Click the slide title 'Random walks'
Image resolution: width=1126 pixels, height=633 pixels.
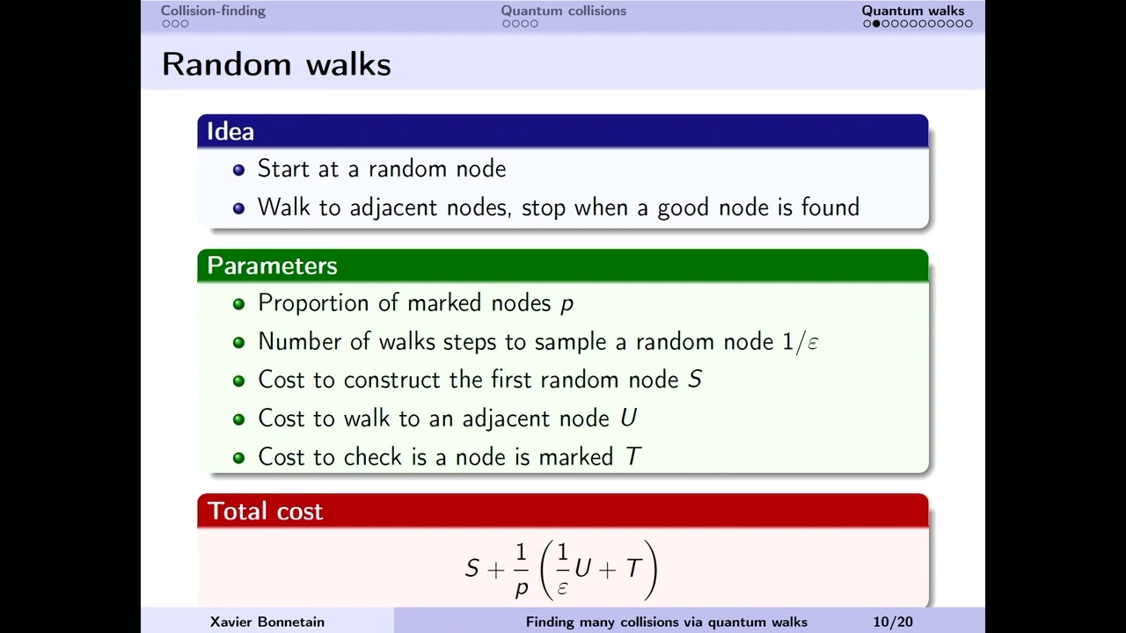(276, 64)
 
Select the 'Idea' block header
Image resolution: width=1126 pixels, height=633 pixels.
(230, 131)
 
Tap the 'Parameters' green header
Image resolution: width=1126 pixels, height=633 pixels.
(272, 266)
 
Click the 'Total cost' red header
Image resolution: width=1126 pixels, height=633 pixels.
(265, 511)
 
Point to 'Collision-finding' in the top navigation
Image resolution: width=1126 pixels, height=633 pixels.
(213, 11)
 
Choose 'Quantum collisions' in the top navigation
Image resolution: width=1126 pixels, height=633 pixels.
(563, 11)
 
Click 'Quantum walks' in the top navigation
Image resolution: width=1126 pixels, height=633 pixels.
(912, 11)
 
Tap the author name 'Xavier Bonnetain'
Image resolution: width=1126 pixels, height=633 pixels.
(267, 622)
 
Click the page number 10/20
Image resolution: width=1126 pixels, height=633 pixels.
(892, 622)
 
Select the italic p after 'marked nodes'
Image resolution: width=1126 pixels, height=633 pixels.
(567, 304)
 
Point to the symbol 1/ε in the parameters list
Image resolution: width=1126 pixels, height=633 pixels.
(800, 342)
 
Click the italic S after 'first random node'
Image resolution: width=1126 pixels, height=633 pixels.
(694, 380)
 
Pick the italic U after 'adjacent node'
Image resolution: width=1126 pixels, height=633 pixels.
(627, 418)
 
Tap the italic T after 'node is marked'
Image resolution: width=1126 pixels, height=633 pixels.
(632, 457)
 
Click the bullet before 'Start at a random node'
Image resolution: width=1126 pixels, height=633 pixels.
(238, 170)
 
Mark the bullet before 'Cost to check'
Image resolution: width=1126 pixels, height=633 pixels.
(238, 458)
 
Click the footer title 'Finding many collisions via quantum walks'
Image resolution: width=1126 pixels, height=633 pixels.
(666, 622)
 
